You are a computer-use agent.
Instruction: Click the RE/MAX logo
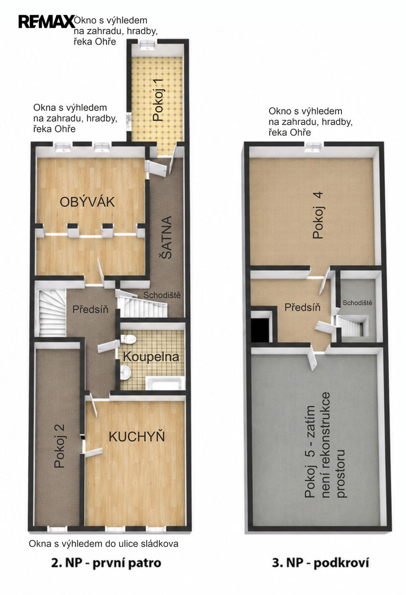pos(47,21)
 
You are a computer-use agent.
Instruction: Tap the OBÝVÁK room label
pos(87,202)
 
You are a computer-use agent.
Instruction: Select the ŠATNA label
pos(167,238)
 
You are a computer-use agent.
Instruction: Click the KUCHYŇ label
pos(136,437)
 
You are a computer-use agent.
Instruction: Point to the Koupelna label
pos(151,357)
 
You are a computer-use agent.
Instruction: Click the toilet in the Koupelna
pos(129,339)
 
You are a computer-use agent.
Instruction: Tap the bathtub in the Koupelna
pos(165,383)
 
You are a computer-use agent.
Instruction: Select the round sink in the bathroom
pos(125,371)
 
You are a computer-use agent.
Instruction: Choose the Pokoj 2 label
pos(60,446)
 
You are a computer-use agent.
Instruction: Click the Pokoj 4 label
pos(318,215)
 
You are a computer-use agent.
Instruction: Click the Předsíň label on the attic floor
pos(303,307)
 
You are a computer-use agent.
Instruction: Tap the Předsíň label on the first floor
pos(90,309)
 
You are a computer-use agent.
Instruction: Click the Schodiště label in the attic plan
pos(357,302)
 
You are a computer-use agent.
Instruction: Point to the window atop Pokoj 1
pos(147,44)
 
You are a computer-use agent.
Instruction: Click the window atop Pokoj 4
pos(314,147)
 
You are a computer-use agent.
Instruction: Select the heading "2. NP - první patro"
pos(106,563)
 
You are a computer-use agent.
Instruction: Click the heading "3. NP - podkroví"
pos(321,563)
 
